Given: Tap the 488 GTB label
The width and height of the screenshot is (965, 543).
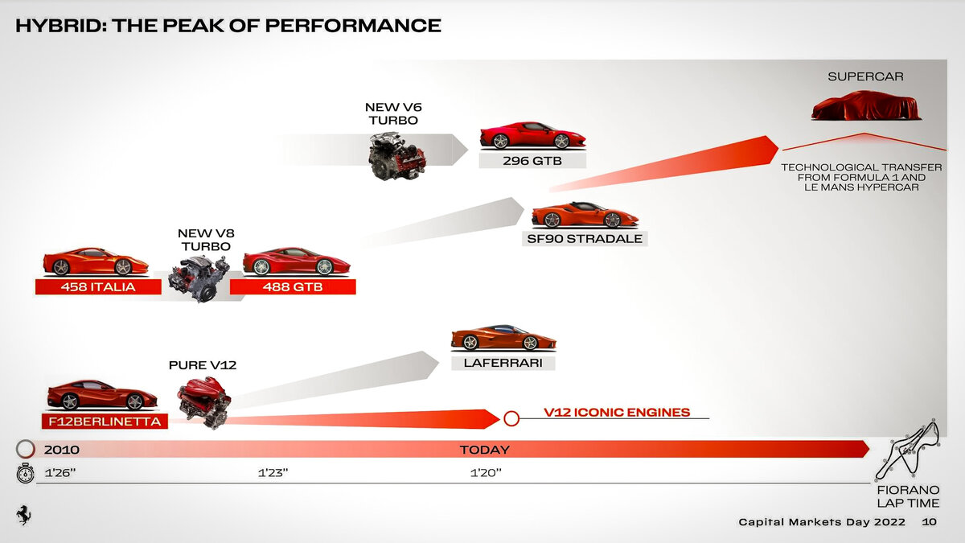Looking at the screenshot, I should pos(293,287).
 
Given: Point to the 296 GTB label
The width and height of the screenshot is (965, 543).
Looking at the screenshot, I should pos(532,160).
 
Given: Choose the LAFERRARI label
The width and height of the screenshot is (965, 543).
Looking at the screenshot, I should pos(503,363).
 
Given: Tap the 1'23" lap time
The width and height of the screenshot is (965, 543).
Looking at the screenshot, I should pos(273,473).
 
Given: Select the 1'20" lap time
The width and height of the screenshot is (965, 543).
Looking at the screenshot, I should pos(486,473).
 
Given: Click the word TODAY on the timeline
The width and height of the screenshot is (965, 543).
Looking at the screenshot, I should pos(484,450).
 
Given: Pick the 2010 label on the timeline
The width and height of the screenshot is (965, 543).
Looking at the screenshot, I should pos(61,450).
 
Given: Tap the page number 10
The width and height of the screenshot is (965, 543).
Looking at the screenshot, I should pos(929,522).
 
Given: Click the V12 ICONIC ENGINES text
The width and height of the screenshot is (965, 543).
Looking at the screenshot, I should pos(616,413).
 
